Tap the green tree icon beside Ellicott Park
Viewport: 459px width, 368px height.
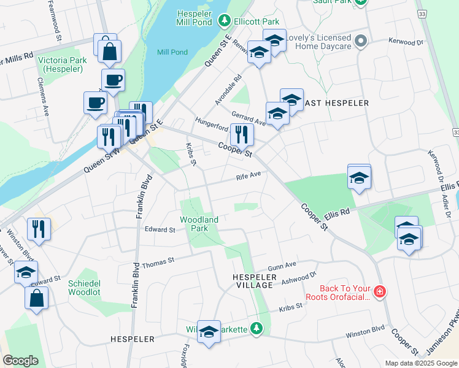225,21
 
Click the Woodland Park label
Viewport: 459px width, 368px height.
199,224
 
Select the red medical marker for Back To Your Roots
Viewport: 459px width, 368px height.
380,291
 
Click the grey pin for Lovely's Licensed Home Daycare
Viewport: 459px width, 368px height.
361,42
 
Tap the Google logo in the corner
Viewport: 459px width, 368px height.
20,361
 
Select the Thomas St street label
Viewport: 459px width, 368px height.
158,265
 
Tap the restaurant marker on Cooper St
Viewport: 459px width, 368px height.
242,134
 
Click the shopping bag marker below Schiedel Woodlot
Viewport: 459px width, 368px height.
36,299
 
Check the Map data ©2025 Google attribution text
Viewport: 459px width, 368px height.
420,363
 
